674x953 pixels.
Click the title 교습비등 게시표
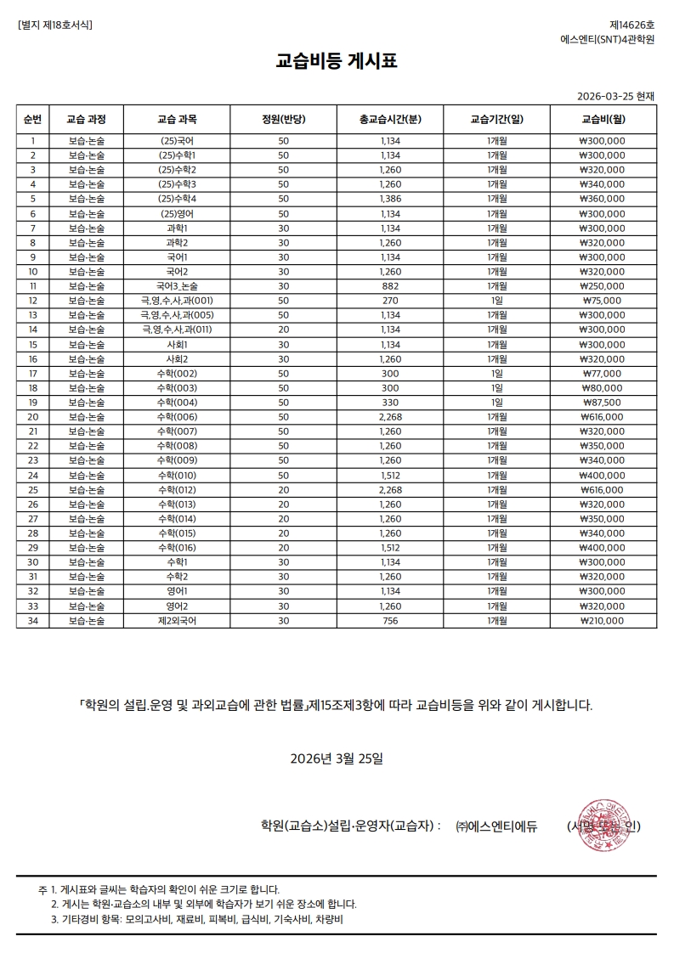click(337, 61)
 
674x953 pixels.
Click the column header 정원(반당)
click(283, 119)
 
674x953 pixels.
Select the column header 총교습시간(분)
click(390, 119)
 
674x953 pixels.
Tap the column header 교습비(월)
click(603, 119)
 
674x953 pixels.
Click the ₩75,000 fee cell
click(603, 300)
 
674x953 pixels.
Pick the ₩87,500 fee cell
click(603, 402)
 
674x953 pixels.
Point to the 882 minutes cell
click(390, 285)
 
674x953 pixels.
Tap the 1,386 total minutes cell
click(390, 198)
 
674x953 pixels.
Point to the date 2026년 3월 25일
click(337, 758)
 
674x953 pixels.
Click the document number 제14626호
click(632, 25)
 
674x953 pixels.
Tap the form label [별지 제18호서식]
click(55, 25)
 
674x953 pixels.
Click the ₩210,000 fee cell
click(603, 620)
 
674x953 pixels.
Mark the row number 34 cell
click(33, 620)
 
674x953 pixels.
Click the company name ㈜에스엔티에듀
click(496, 826)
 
